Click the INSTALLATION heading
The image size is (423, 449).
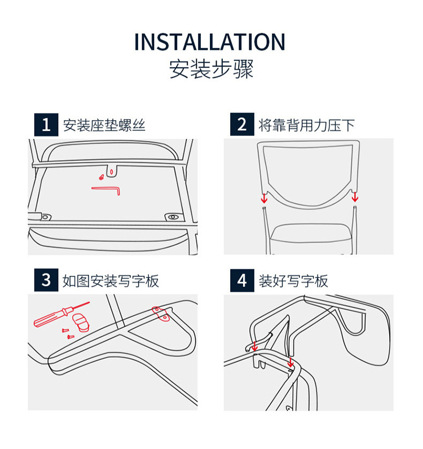tap(210, 42)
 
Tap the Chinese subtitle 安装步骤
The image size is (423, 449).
tap(211, 69)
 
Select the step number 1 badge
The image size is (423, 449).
tap(46, 125)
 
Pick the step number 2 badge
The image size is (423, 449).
tap(242, 124)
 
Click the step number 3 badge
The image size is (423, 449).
tap(46, 280)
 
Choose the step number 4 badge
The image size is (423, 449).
tap(242, 280)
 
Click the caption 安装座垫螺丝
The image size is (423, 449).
tap(104, 125)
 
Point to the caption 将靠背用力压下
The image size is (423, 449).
tap(307, 125)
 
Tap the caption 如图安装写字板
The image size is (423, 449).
tap(111, 281)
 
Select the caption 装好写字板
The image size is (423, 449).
tap(293, 281)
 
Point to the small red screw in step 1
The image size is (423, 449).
tap(101, 177)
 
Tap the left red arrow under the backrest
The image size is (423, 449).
tap(264, 198)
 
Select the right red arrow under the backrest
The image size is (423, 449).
tap(355, 197)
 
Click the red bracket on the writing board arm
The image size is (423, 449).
tap(161, 314)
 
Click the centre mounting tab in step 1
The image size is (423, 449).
tap(112, 171)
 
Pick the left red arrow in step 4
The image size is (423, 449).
tap(254, 346)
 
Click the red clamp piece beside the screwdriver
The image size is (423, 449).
tap(81, 322)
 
